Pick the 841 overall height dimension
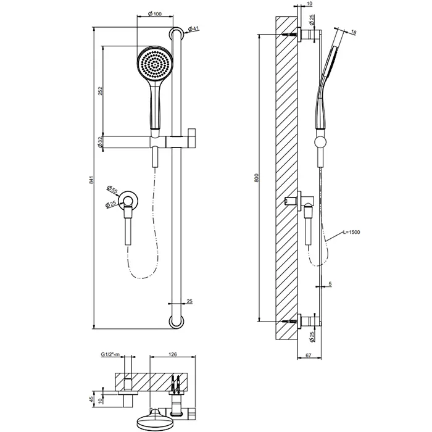[91, 180]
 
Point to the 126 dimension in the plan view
[173, 355]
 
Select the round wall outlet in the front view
[130, 199]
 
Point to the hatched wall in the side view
[285, 179]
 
